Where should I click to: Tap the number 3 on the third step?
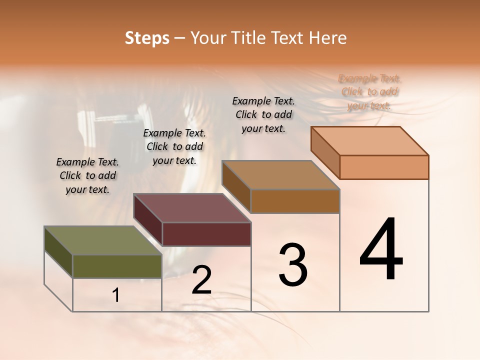click(293, 265)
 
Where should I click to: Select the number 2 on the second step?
click(202, 280)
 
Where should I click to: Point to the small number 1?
click(116, 295)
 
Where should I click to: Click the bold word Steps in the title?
click(147, 37)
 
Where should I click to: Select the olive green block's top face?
click(103, 241)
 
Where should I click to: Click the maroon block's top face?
click(192, 208)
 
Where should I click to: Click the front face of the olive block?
click(117, 266)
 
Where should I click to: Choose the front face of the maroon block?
click(206, 234)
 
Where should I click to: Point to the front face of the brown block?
click(295, 201)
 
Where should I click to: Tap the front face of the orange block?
click(384, 167)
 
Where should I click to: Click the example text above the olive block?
click(87, 175)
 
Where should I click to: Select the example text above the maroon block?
click(174, 146)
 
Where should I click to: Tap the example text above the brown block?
click(263, 114)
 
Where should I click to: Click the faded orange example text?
click(369, 92)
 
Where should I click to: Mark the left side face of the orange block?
click(325, 152)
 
